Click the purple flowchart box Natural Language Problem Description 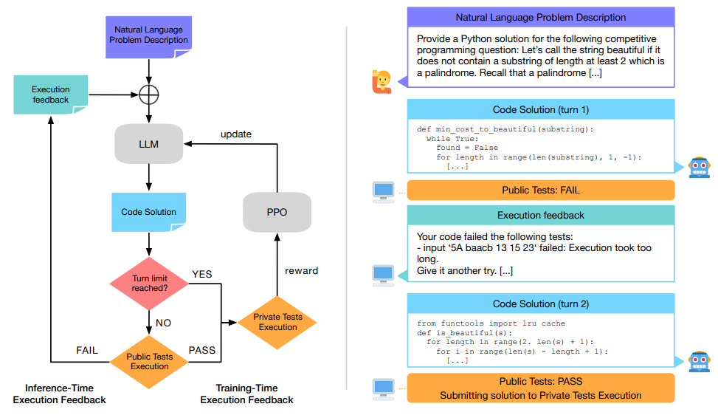[x=148, y=35]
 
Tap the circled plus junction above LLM [x=149, y=95]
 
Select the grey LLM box [x=148, y=144]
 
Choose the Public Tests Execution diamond [x=149, y=361]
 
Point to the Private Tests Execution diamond [x=277, y=322]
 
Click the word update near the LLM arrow [x=236, y=134]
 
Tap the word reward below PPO [x=301, y=270]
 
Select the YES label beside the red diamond [x=201, y=274]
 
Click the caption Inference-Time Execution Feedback [x=59, y=394]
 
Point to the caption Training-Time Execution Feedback [x=246, y=394]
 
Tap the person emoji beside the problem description [x=381, y=80]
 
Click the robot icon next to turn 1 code [x=698, y=167]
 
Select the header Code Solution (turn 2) [x=540, y=303]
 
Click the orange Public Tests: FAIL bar [x=540, y=190]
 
